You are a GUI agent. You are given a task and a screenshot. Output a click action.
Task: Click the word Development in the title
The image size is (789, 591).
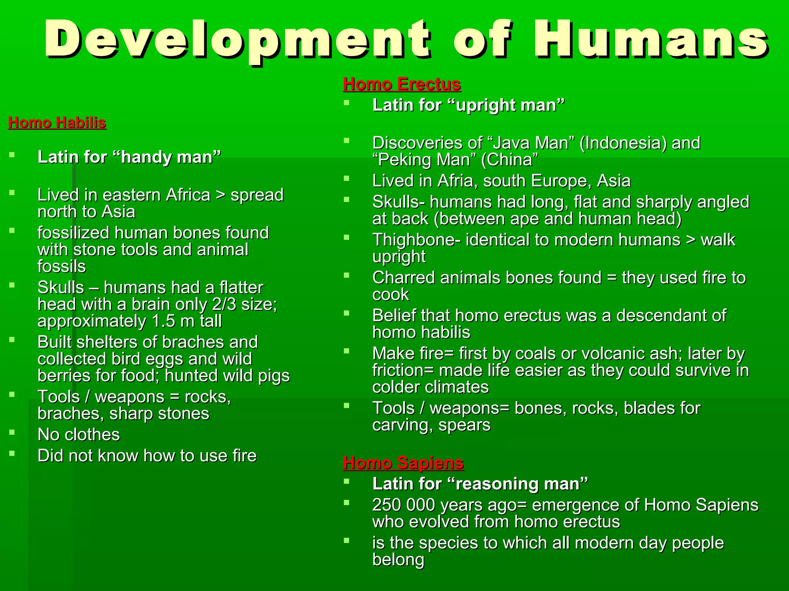click(237, 40)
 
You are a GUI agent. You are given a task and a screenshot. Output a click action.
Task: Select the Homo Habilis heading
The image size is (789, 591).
click(57, 123)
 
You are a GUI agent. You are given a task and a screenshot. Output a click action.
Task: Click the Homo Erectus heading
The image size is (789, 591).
click(402, 84)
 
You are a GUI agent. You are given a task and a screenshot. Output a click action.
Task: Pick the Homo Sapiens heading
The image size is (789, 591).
click(403, 462)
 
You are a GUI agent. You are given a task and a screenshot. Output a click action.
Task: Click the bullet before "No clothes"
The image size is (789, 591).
click(12, 432)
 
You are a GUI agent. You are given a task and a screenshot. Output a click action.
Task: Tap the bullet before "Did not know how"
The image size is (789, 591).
click(12, 454)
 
